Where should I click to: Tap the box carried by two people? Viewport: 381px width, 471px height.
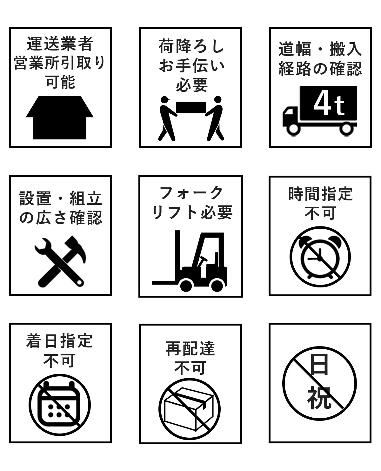[x=191, y=107]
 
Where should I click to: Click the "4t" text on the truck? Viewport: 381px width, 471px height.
[x=329, y=103]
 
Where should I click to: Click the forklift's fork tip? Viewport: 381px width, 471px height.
[x=153, y=283]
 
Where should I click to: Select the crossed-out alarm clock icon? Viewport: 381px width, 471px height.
[x=320, y=257]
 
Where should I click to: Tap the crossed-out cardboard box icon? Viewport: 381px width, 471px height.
[x=190, y=409]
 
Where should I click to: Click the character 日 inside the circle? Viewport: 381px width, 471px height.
[x=319, y=364]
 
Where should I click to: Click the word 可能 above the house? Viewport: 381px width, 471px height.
[x=60, y=82]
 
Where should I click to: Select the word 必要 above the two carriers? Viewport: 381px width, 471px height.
[x=191, y=85]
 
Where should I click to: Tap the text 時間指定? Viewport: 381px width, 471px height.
[x=320, y=194]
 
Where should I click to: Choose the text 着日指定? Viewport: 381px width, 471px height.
[x=59, y=341]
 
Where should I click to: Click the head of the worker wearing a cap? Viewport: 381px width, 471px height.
[x=165, y=99]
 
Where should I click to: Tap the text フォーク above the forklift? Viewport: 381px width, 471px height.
[x=191, y=193]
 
